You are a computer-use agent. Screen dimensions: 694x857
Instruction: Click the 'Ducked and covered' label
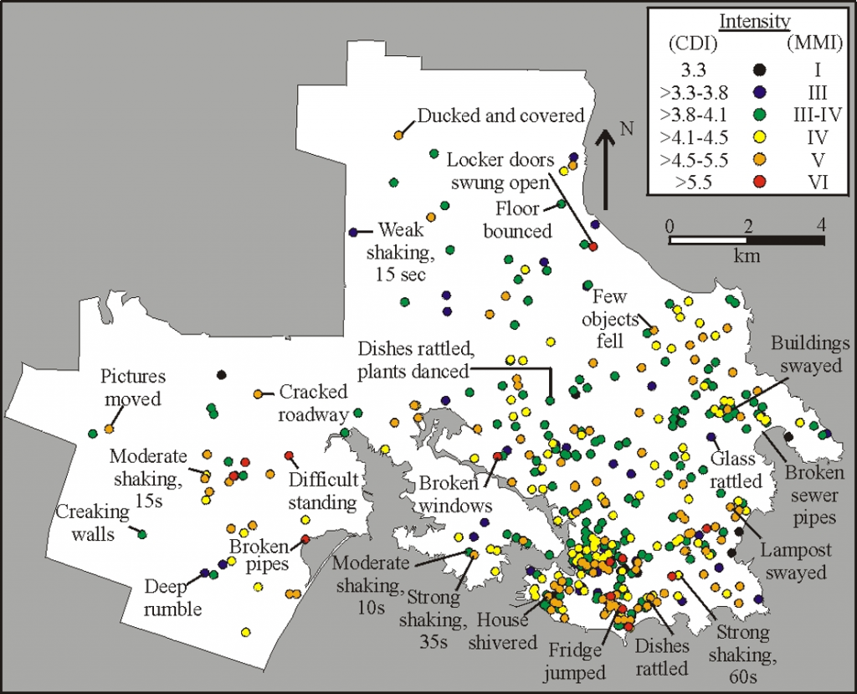[x=500, y=116]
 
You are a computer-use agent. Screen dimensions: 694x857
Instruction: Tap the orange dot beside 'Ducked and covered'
[x=398, y=135]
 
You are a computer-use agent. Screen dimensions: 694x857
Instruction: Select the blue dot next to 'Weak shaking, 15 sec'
[x=353, y=233]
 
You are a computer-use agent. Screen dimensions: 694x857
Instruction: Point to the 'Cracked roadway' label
[x=313, y=402]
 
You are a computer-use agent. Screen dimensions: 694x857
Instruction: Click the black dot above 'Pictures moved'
[x=221, y=375]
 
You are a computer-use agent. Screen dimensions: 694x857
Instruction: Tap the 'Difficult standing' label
[x=324, y=491]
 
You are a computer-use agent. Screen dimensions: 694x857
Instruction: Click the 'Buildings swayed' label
[x=810, y=354]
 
